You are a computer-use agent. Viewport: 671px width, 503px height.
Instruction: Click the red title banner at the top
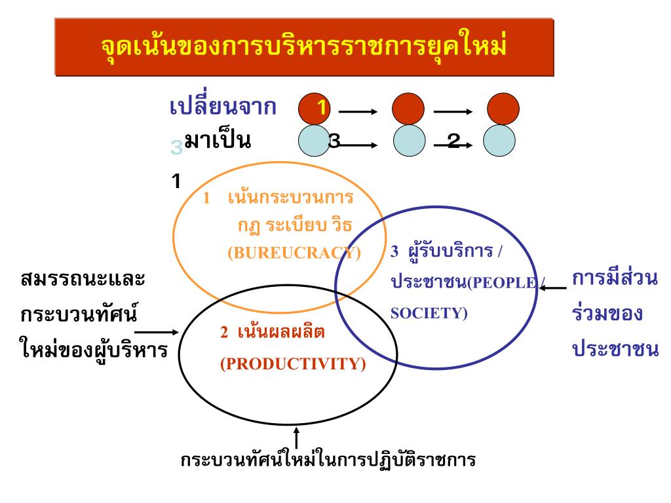point(304,47)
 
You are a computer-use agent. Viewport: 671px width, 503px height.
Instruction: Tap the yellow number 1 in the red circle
point(321,108)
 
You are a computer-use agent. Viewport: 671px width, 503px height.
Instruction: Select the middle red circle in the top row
point(408,109)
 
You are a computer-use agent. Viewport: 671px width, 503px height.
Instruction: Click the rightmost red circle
point(503,109)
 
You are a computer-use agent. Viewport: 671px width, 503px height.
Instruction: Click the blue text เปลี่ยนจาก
point(223,107)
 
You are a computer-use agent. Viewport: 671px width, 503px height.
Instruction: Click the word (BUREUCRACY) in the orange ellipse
point(294,253)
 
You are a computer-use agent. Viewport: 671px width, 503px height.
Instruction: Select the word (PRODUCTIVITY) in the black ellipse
point(293,364)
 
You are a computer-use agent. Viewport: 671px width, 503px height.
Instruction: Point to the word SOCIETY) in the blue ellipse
point(429,313)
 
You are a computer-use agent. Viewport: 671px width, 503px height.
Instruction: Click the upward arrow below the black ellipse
point(297,437)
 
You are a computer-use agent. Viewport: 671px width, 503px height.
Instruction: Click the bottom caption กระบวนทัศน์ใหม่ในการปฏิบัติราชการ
point(328,460)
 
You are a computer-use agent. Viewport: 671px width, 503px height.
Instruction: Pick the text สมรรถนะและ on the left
point(83,279)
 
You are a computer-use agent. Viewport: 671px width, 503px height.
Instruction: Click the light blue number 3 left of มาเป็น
point(176,148)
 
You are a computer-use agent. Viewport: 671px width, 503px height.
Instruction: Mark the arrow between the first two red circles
point(358,112)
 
